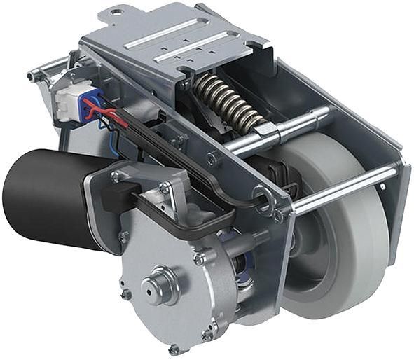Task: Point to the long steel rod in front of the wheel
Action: pos(343,190)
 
